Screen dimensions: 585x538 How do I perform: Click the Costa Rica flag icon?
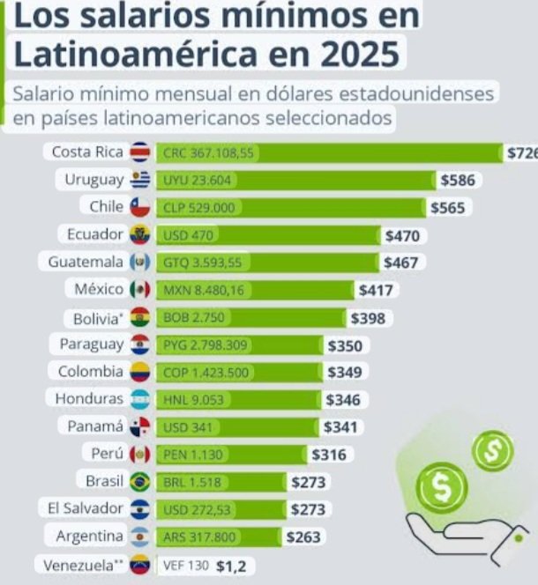coord(140,152)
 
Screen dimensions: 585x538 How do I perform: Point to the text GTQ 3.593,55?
coord(202,263)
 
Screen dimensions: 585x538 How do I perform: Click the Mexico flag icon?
coord(140,290)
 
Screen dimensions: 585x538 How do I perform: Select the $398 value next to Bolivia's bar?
coord(369,317)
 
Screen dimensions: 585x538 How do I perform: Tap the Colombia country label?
coord(90,372)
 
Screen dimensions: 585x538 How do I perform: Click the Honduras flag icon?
coord(140,399)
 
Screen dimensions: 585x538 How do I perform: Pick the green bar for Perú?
coord(231,455)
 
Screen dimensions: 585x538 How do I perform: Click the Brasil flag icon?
coord(140,482)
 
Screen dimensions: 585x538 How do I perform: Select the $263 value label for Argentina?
coord(303,537)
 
